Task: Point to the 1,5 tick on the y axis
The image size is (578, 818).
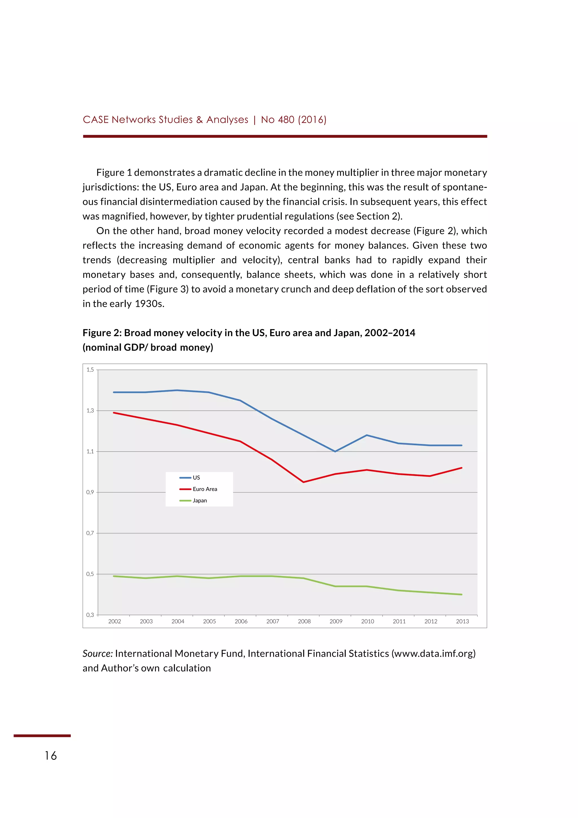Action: (90, 370)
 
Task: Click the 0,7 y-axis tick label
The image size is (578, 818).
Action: (90, 533)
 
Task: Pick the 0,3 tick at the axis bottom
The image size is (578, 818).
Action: (90, 615)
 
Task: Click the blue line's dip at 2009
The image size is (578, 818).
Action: (335, 451)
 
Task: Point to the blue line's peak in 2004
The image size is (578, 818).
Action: (177, 390)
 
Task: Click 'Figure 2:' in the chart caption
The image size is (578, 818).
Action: (102, 333)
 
